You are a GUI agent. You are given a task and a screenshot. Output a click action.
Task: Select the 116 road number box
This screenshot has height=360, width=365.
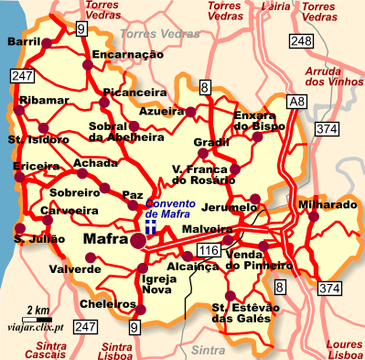click(x=209, y=249)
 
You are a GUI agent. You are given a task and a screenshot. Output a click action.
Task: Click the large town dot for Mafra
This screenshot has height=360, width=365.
click(x=138, y=241)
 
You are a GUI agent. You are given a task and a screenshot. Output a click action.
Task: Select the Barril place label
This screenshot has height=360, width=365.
click(x=25, y=43)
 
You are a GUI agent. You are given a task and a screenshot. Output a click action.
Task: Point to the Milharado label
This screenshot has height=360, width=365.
click(x=327, y=204)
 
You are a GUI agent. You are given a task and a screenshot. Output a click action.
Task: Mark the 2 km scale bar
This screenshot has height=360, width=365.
click(x=38, y=317)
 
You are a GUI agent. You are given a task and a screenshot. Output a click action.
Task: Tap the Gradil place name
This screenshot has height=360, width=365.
click(x=211, y=143)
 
